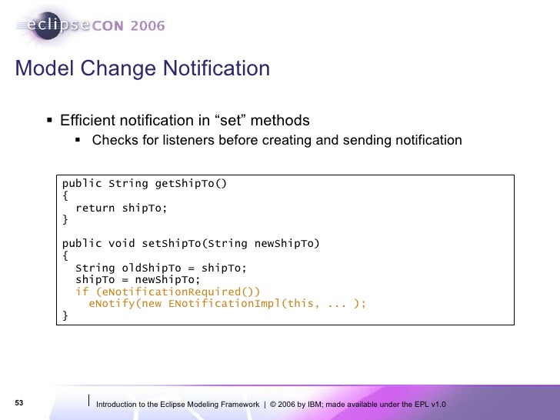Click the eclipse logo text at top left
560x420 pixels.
click(x=50, y=26)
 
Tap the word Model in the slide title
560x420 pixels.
click(x=42, y=69)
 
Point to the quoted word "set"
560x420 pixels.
click(x=231, y=121)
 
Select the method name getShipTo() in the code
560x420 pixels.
click(x=191, y=183)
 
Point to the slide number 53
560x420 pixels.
click(x=19, y=404)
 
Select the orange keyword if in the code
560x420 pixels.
click(x=81, y=292)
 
